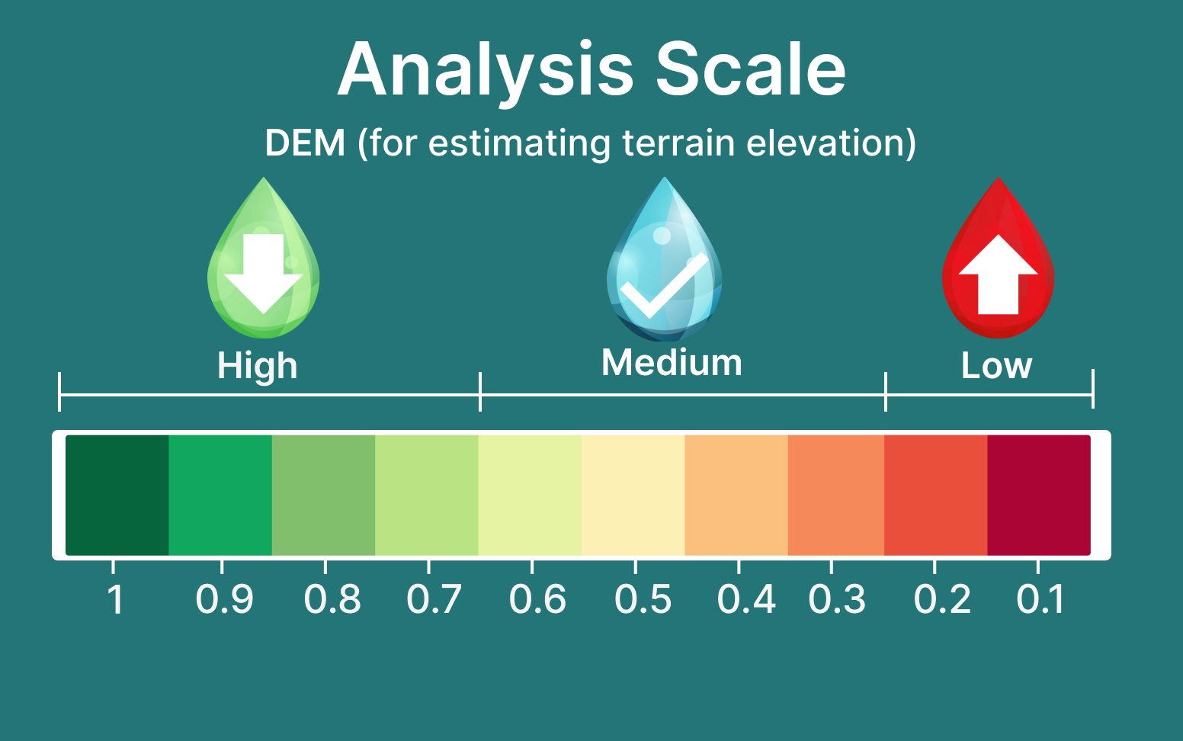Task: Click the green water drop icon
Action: [264, 258]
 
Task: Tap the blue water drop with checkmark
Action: [665, 258]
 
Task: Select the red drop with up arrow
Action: [999, 258]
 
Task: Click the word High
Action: [257, 366]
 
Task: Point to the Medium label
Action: [672, 363]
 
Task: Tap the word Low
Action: [996, 365]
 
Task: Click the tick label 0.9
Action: [224, 599]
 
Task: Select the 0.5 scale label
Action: [643, 599]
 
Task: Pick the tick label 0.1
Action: [1040, 599]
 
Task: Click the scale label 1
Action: [115, 599]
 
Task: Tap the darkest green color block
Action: [117, 496]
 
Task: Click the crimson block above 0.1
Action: [1039, 496]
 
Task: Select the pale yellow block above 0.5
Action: [633, 496]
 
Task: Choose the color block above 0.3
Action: [836, 496]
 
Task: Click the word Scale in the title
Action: [751, 69]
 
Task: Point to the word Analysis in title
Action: [486, 73]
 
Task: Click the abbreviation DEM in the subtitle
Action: [305, 143]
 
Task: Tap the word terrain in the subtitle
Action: [678, 143]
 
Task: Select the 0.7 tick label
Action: [434, 599]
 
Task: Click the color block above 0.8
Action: [324, 496]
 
